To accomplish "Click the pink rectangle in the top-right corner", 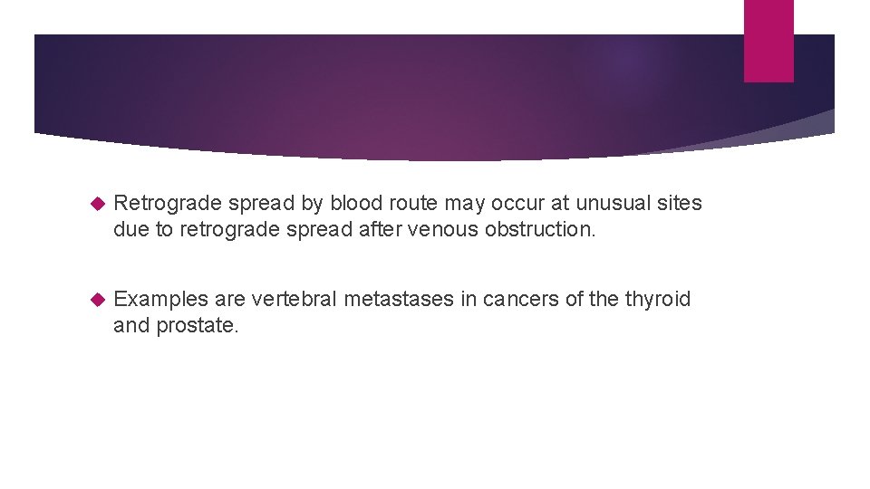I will pos(768,40).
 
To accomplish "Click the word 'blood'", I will pos(359,203).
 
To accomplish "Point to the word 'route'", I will pos(414,203).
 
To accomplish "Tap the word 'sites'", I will pos(678,203).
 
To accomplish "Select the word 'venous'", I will pos(443,229).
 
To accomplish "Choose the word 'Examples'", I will pos(160,299).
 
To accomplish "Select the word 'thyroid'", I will pos(658,299).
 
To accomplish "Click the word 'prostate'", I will pos(197,325).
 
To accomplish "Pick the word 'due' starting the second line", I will pos(131,229).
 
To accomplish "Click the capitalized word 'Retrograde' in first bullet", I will pos(169,203).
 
